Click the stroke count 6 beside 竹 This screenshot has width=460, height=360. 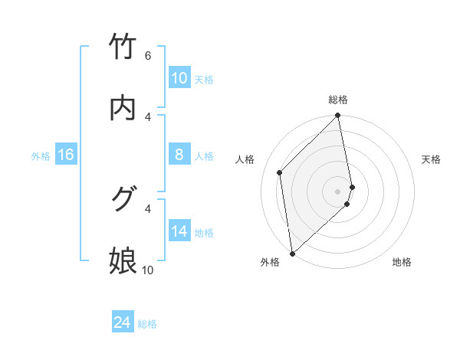click(x=148, y=56)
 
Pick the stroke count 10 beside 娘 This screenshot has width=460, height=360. click(x=147, y=270)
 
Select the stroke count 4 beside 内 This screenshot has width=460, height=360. click(x=148, y=116)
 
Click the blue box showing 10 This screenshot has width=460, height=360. click(x=179, y=78)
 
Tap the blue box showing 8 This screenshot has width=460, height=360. click(x=179, y=155)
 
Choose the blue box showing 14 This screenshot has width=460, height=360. click(x=179, y=231)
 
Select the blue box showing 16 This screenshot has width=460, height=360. click(x=66, y=155)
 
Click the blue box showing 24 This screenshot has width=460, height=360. click(x=123, y=323)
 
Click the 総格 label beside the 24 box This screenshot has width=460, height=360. click(x=147, y=324)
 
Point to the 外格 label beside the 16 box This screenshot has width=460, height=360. click(x=41, y=156)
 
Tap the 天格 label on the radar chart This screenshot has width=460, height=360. click(x=432, y=159)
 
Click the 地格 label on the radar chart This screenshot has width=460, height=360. click(x=402, y=262)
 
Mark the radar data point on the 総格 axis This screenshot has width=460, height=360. click(x=338, y=116)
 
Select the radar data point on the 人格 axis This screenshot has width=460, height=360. click(x=280, y=172)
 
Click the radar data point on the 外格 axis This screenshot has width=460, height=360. click(x=292, y=253)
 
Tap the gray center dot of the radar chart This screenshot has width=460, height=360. click(x=338, y=191)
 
